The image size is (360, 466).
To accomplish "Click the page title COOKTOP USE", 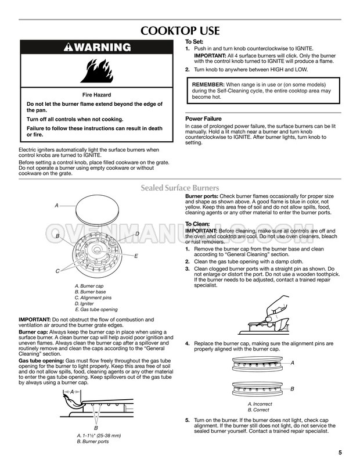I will (x=179, y=31).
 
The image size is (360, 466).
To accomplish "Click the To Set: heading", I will (x=194, y=42).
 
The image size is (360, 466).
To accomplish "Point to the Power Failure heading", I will (x=203, y=119).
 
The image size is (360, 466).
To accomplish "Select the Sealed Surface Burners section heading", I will (x=180, y=188).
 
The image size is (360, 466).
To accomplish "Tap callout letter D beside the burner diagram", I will (x=137, y=234).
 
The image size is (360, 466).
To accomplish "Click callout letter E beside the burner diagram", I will (x=136, y=256).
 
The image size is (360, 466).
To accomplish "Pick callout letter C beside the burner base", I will (x=57, y=271).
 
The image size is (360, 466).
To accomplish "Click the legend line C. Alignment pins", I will (x=96, y=297).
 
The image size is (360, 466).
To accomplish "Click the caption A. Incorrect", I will (x=260, y=404).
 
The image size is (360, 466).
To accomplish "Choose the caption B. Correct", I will (x=258, y=410).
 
